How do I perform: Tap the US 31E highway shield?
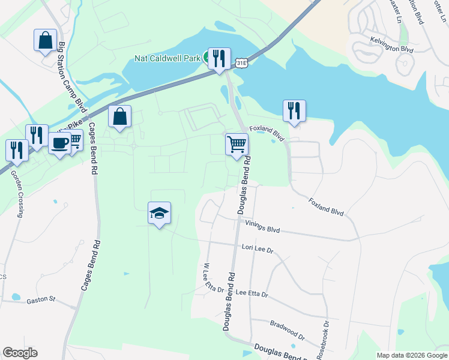click(241, 62)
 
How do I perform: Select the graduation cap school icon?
click(160, 213)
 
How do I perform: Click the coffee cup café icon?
click(60, 143)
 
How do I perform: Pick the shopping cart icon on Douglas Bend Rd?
click(237, 143)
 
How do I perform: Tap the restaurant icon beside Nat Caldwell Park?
click(219, 58)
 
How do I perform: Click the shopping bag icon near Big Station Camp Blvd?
click(46, 40)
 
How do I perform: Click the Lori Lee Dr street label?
click(257, 246)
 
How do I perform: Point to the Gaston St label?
click(41, 298)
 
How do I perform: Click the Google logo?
click(20, 353)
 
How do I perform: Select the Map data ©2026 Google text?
click(411, 355)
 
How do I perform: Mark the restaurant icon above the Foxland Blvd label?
click(294, 110)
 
